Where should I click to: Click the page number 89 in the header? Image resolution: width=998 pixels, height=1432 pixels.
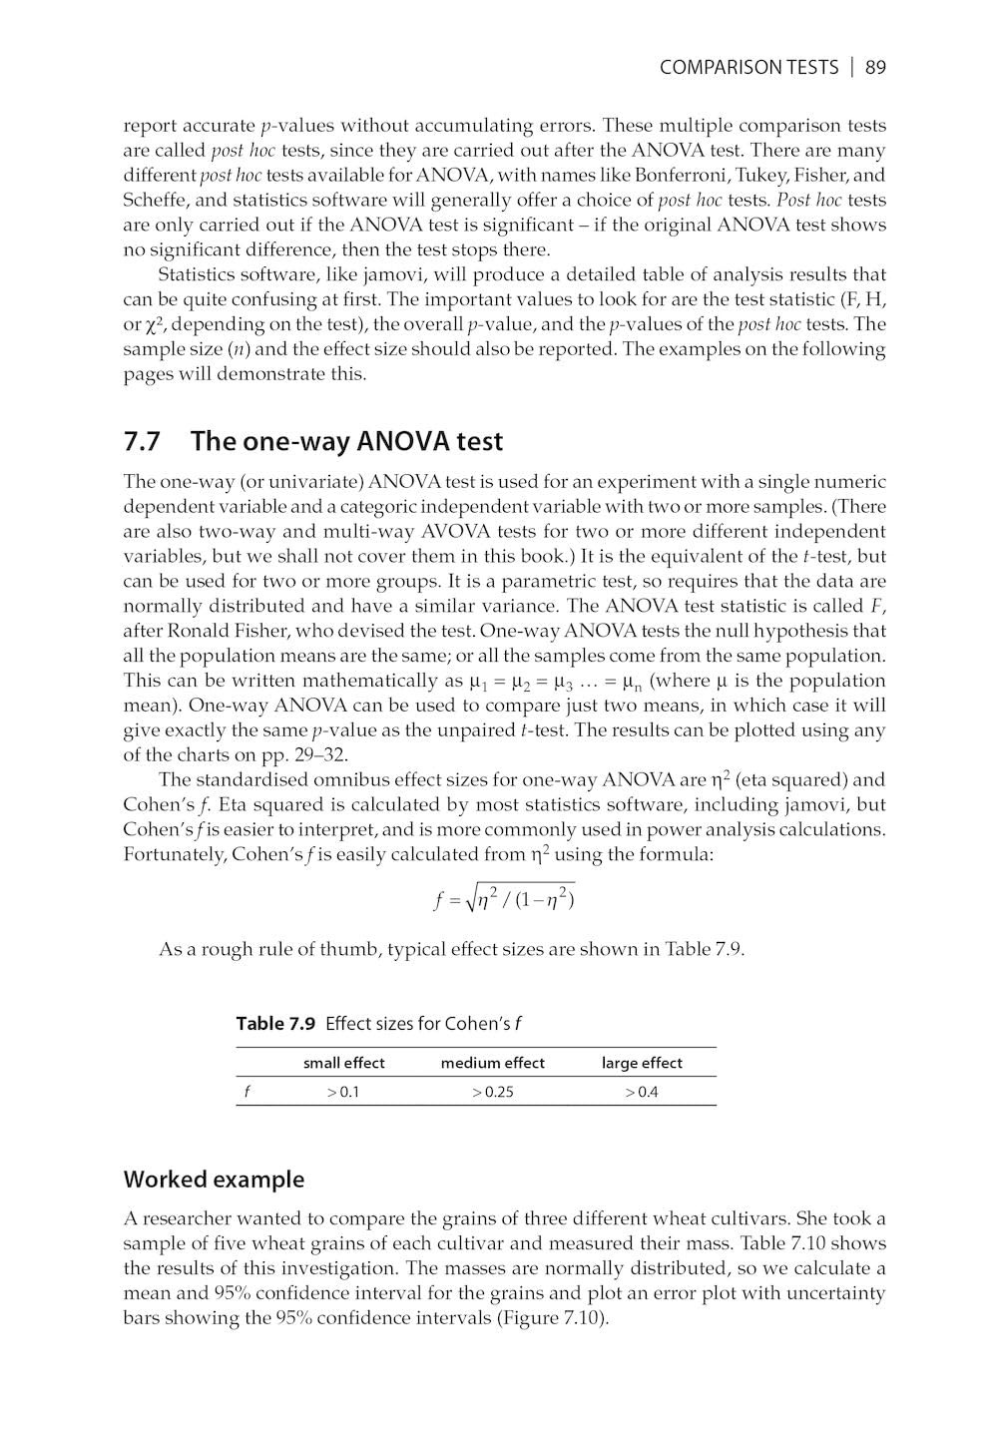tap(875, 68)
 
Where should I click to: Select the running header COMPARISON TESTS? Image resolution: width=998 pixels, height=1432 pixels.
tap(748, 68)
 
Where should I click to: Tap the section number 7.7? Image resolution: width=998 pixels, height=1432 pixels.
tap(144, 441)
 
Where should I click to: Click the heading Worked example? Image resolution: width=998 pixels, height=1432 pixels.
tap(214, 1180)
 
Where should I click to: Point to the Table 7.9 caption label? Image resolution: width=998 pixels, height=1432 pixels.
tap(275, 1023)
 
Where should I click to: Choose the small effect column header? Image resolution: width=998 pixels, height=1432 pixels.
tap(343, 1063)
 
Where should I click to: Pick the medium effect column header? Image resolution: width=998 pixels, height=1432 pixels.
tap(493, 1063)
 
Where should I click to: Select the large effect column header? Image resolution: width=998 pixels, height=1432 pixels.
tap(642, 1063)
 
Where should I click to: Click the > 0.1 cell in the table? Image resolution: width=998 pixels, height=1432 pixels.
tap(343, 1092)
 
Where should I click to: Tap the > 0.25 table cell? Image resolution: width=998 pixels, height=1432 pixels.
tap(493, 1092)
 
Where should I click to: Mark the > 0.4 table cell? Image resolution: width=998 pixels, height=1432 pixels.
tap(642, 1092)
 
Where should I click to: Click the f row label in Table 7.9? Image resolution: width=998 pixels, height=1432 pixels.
tap(247, 1092)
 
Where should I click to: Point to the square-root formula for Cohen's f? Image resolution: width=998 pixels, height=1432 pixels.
tap(505, 899)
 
